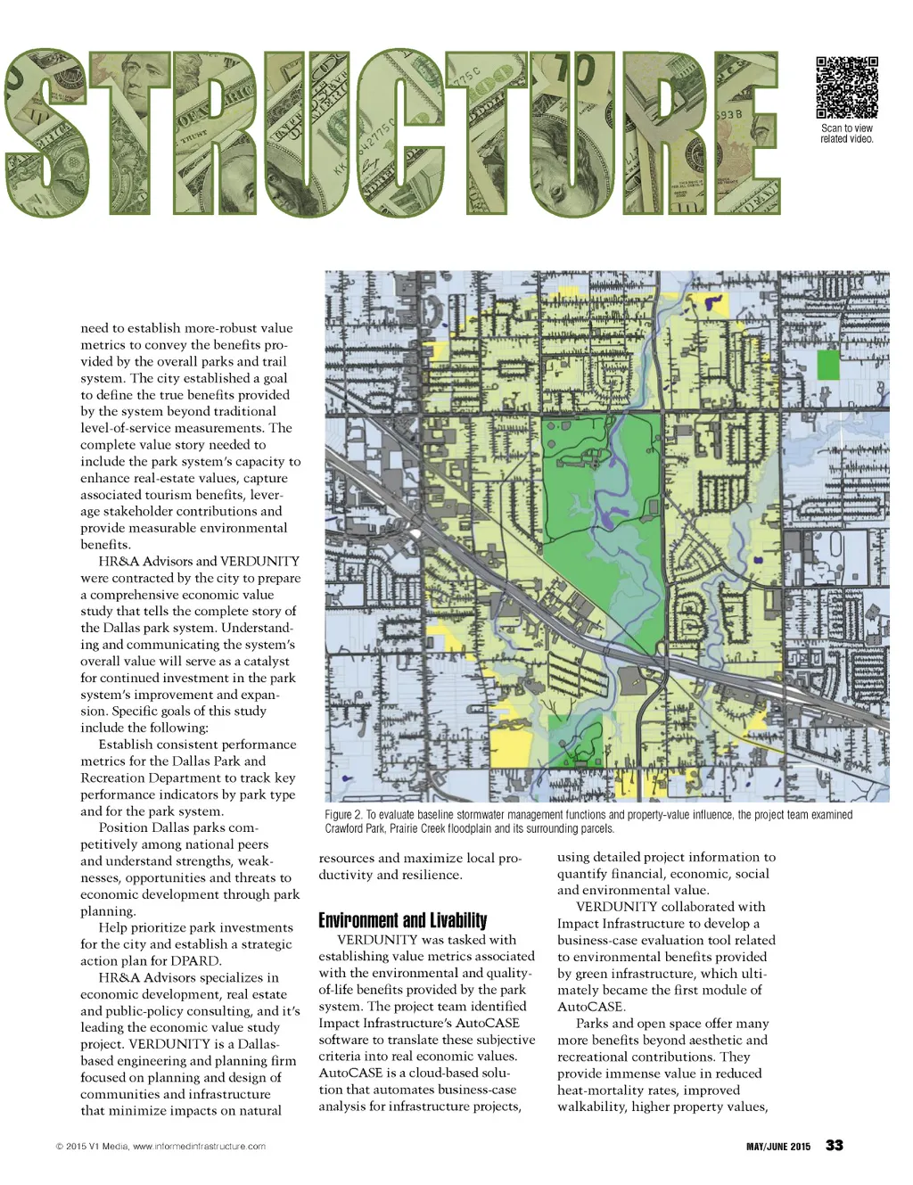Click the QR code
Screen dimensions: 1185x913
click(846, 87)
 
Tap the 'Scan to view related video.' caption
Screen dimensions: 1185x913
click(846, 134)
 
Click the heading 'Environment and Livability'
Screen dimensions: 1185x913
click(403, 920)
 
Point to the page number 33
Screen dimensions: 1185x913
click(835, 1146)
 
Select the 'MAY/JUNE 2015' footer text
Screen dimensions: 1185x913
click(778, 1147)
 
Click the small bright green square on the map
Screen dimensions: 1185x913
click(828, 365)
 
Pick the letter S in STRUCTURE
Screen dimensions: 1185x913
click(45, 134)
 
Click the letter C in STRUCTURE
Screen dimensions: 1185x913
click(401, 134)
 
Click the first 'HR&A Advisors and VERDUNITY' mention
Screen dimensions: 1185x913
click(199, 562)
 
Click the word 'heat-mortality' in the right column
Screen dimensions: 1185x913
click(600, 1090)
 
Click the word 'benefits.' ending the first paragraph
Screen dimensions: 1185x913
click(105, 545)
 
